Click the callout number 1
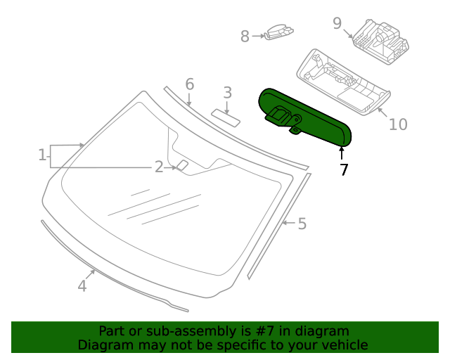[42, 154]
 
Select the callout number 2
[159, 167]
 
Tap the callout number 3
[227, 92]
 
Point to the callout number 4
[82, 285]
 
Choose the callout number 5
[302, 224]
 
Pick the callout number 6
[189, 84]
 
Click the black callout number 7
[344, 169]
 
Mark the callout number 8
[245, 37]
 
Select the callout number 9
[337, 23]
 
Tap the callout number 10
[398, 124]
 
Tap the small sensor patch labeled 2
[182, 165]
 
